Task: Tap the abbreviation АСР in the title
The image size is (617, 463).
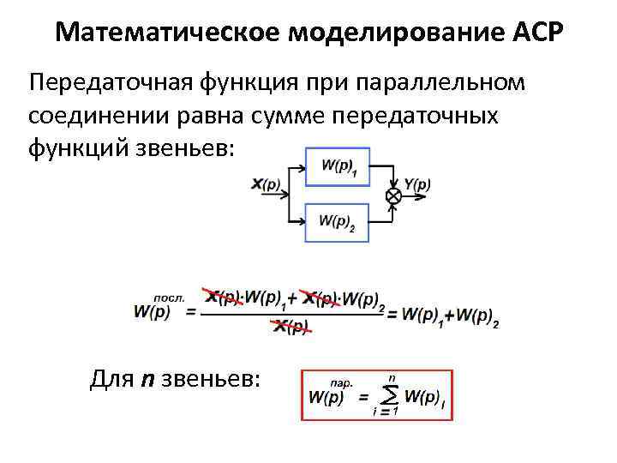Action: (x=537, y=33)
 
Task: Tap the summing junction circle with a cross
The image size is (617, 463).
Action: (x=393, y=196)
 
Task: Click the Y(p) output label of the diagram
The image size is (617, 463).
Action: (x=416, y=183)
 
